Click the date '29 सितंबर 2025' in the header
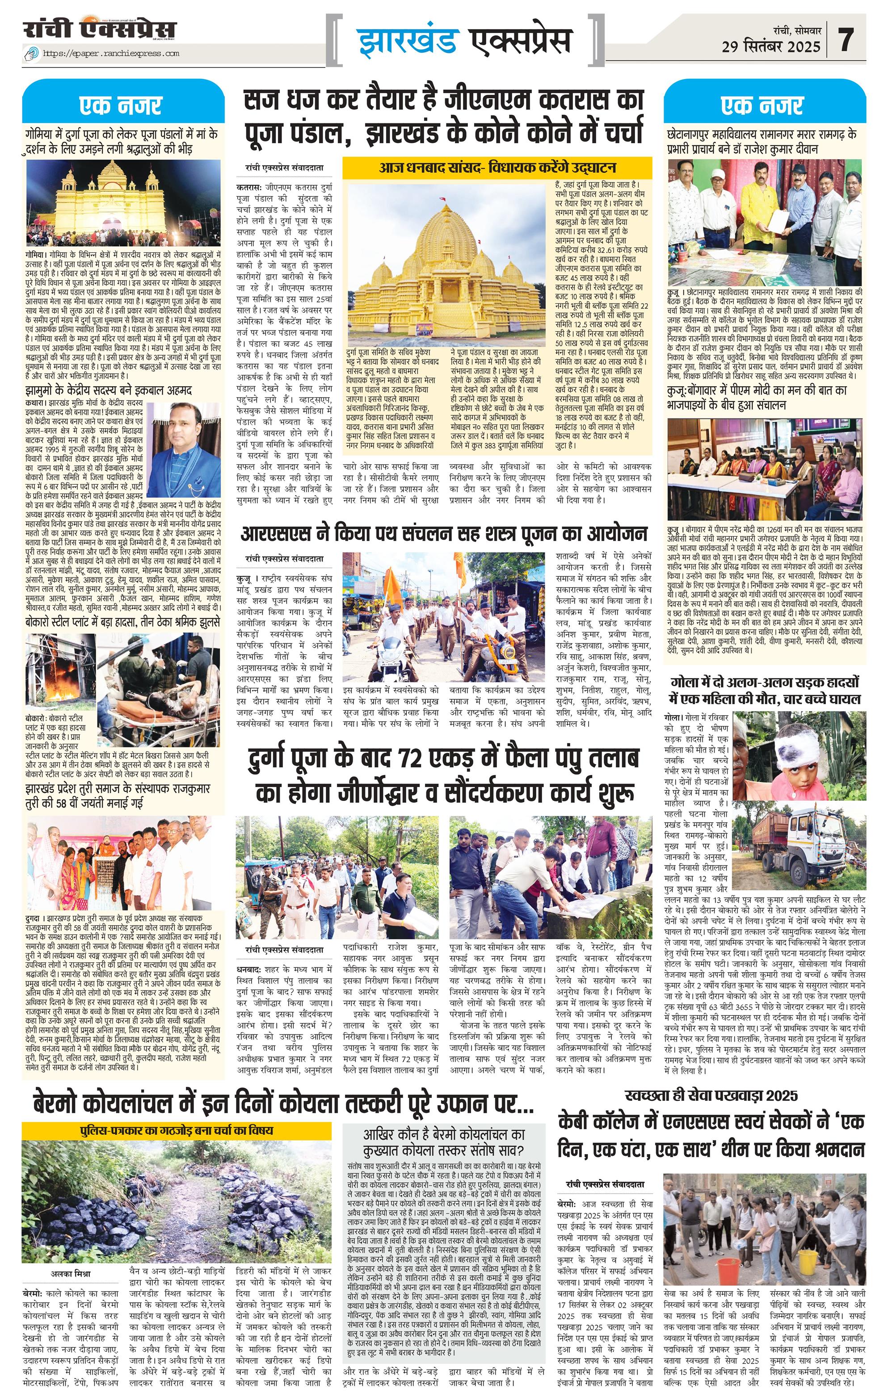(x=771, y=46)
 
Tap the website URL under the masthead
(x=112, y=54)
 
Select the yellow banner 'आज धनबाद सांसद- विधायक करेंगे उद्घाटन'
(x=497, y=168)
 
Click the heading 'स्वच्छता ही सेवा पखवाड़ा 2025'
(x=711, y=1095)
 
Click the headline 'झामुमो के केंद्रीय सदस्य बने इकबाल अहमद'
(x=109, y=390)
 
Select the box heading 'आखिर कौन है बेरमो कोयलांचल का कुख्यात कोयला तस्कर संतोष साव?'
(x=444, y=1142)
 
